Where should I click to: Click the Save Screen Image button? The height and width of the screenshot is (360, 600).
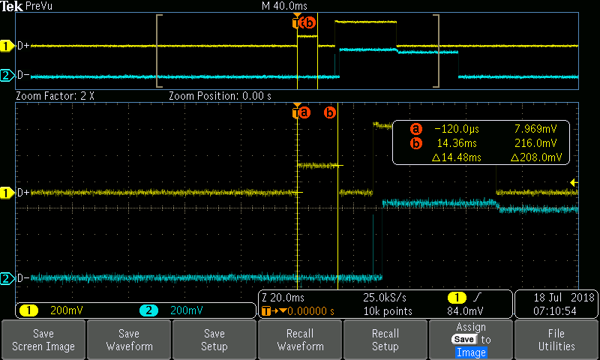(43, 339)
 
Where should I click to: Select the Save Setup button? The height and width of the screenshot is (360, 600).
(214, 339)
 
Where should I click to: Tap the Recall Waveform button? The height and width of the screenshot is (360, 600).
(300, 339)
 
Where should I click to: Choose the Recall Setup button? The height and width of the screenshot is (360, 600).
(385, 339)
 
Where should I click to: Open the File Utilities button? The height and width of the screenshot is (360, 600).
(556, 339)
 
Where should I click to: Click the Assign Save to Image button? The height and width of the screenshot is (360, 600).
(471, 339)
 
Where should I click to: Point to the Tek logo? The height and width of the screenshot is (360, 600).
(11, 6)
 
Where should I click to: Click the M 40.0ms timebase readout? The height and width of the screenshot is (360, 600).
(284, 6)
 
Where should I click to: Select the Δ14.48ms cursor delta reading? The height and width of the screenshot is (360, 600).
(457, 157)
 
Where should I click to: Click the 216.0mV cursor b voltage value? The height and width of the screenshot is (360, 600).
(535, 143)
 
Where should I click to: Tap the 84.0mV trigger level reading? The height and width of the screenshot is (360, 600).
(465, 310)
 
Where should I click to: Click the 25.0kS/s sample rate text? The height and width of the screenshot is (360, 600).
(385, 297)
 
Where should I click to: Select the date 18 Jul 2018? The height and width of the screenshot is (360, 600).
(564, 297)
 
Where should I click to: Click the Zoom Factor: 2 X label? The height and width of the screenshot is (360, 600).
(55, 96)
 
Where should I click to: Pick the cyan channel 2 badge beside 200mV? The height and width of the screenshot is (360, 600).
(148, 310)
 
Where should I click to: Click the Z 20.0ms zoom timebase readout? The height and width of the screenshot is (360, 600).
(283, 297)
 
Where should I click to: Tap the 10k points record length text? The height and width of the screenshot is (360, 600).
(388, 311)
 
